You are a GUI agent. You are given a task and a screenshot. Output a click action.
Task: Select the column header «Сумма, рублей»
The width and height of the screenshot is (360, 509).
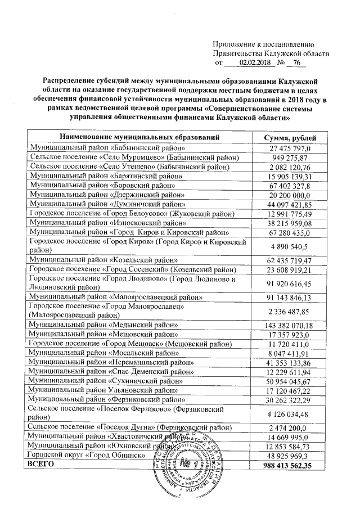coord(290,138)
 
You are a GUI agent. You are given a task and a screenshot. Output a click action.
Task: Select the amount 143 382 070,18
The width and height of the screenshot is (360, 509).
coord(290,325)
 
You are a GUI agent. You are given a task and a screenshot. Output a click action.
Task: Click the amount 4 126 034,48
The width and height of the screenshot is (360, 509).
coord(290,417)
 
